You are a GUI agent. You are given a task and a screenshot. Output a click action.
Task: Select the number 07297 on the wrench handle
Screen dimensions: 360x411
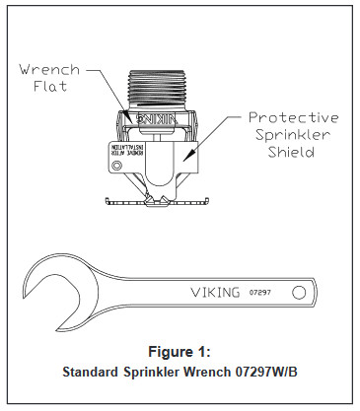click(262, 292)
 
